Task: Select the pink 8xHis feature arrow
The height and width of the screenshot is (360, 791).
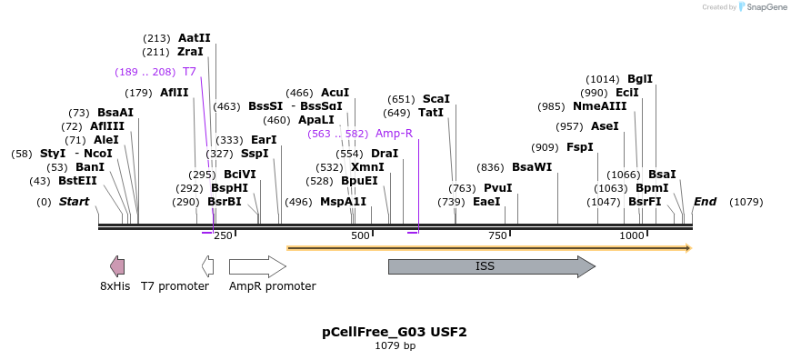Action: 117,266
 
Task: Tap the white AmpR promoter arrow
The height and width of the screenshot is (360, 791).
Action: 256,266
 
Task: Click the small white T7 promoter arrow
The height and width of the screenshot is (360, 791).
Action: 208,266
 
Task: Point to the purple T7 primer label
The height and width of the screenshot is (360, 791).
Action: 189,72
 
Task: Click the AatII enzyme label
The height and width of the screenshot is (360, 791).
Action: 194,38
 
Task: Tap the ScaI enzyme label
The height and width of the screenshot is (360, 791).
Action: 436,99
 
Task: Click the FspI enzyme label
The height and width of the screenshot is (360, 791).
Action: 579,147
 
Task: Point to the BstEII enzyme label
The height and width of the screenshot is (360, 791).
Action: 77,181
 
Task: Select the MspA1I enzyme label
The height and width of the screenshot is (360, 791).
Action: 343,202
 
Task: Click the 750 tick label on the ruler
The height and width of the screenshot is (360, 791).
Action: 497,236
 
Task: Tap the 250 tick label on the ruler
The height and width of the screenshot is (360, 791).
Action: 223,236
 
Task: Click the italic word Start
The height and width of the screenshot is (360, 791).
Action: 74,202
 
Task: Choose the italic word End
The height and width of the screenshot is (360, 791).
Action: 705,202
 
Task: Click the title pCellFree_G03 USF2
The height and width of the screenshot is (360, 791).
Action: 395,332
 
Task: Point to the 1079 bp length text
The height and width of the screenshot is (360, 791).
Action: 395,346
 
